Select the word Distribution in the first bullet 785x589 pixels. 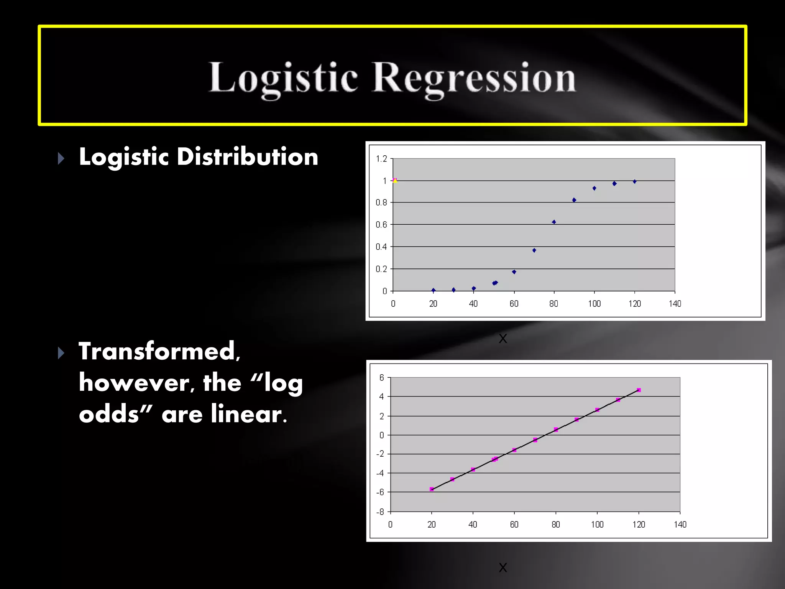247,157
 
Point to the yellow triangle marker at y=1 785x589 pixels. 395,180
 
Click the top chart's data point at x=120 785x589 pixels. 635,181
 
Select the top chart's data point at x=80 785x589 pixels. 554,222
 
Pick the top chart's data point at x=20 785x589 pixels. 434,290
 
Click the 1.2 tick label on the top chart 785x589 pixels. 381,159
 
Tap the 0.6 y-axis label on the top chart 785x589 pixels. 381,225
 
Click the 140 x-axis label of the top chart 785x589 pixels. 675,304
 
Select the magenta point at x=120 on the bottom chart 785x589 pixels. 639,390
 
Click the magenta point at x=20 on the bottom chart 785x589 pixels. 432,489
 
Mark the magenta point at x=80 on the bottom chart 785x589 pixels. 556,430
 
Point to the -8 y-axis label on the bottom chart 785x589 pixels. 380,512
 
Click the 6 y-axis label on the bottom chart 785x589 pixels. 382,378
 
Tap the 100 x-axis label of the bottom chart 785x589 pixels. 597,525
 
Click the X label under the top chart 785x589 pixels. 503,339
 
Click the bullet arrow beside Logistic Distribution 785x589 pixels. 61,158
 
